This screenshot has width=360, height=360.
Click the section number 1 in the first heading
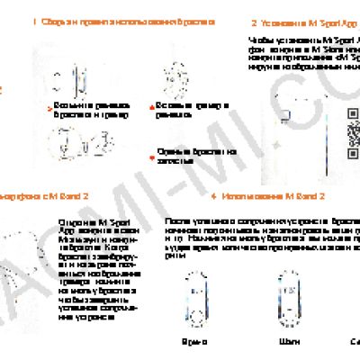[34, 21]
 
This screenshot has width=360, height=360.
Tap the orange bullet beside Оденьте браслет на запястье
[151, 150]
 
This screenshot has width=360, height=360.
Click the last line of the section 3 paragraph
[85, 318]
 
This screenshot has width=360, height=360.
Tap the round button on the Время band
[194, 314]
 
